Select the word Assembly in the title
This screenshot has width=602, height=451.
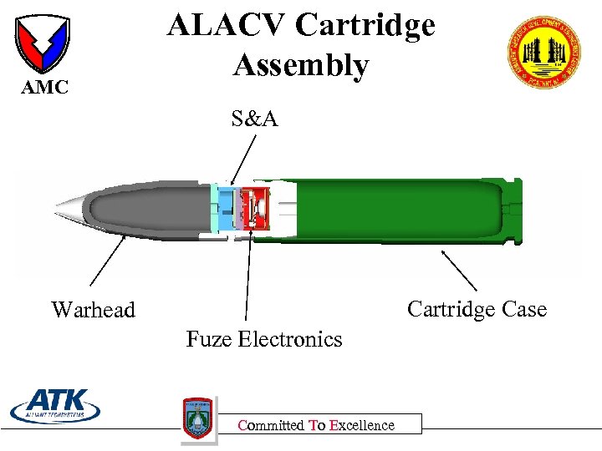click(301, 65)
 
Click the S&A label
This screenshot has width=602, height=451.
click(254, 119)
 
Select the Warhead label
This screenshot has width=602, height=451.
click(93, 310)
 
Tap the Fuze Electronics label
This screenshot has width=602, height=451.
click(264, 339)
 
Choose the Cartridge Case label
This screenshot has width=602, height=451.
click(477, 310)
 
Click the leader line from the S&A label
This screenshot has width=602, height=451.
click(242, 159)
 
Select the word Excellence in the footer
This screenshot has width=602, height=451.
click(362, 425)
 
